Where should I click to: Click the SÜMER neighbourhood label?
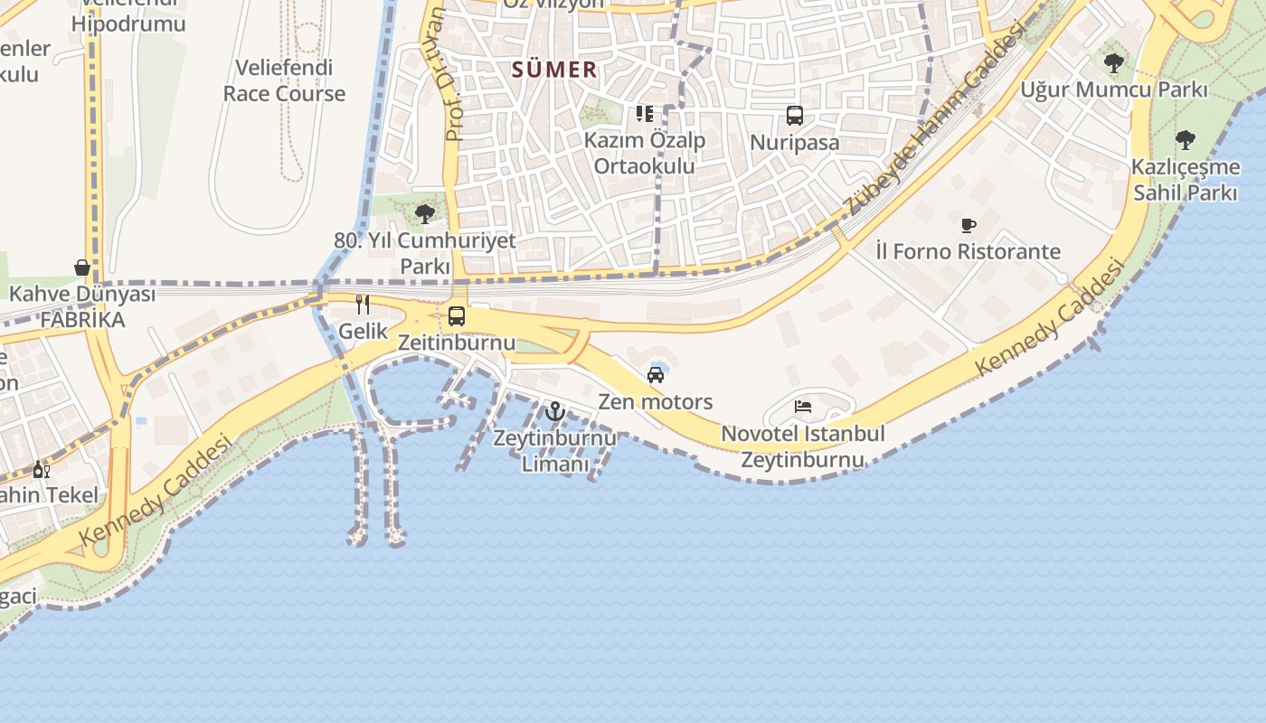coord(554,70)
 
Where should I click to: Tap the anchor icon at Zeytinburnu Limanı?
coord(555,412)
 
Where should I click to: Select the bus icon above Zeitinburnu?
coord(457,316)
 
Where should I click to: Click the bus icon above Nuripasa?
coord(795,116)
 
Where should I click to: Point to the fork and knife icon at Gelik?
coord(363,305)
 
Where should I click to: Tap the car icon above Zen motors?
coord(656,375)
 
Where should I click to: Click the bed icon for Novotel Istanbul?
coord(803,407)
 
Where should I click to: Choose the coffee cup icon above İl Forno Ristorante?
coord(968,225)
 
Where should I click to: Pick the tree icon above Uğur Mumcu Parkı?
coord(1114,63)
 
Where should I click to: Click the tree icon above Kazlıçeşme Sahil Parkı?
coord(1185,140)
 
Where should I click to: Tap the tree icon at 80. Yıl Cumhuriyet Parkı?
coord(425,214)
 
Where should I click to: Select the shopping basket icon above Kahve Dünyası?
coord(82,268)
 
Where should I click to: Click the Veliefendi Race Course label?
coord(284,80)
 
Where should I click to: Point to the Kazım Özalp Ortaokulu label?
coord(645,154)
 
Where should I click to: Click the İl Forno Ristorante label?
coord(968,251)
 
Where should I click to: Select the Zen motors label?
coord(656,401)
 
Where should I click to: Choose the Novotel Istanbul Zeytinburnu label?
coord(803,446)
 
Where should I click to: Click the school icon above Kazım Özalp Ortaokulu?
coord(645,114)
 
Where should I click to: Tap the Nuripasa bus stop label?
coord(795,143)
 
